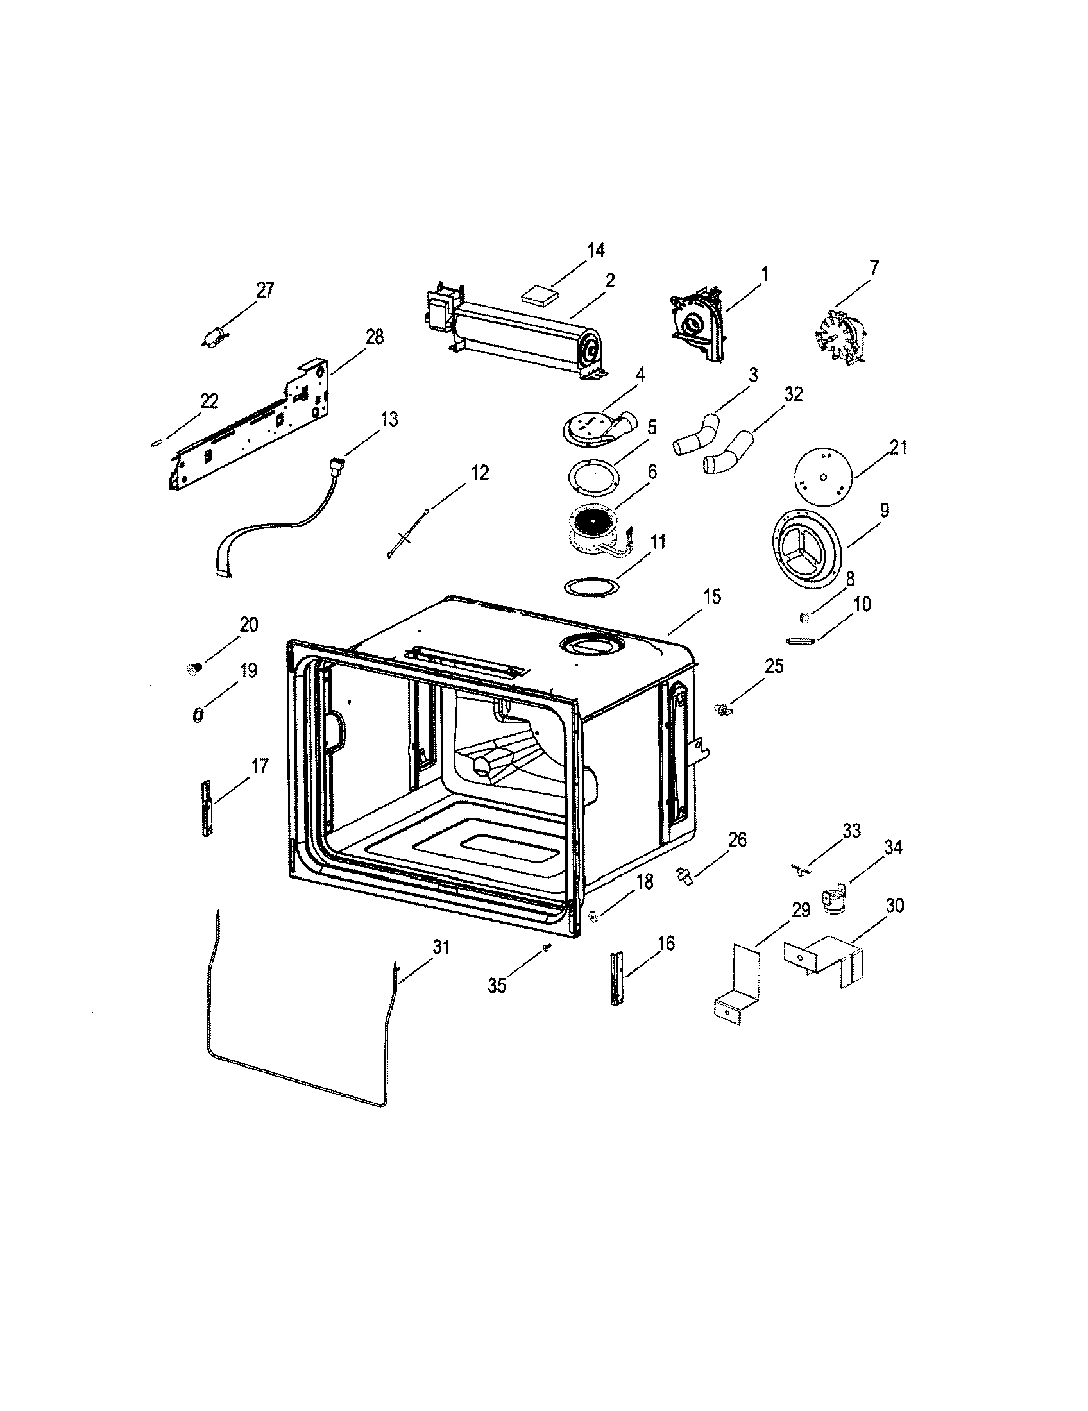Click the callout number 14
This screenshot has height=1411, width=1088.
pyautogui.click(x=596, y=250)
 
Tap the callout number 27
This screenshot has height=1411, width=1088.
pyautogui.click(x=265, y=290)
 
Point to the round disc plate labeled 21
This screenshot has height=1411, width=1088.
pyautogui.click(x=822, y=476)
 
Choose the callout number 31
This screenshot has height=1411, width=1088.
pyautogui.click(x=441, y=948)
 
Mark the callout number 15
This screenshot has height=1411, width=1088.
pyautogui.click(x=712, y=596)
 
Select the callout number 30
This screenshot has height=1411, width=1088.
pyautogui.click(x=894, y=905)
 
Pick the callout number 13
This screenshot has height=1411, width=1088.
pyautogui.click(x=389, y=419)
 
